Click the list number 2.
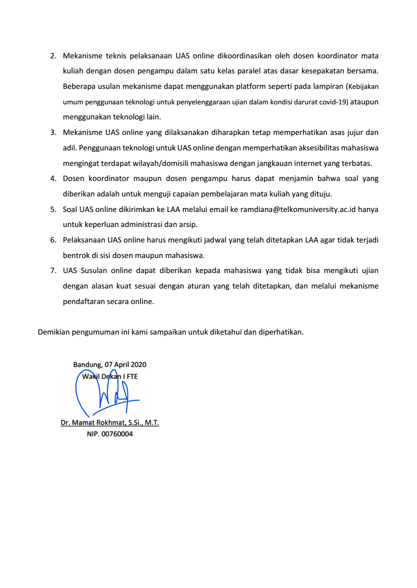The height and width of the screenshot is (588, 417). click(x=53, y=56)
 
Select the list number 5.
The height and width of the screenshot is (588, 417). click(x=53, y=209)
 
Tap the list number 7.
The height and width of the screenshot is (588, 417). click(x=53, y=270)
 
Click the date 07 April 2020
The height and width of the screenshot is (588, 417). click(x=126, y=365)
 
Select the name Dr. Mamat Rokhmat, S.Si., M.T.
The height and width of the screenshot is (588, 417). click(x=110, y=423)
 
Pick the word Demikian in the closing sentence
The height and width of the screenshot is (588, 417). click(x=53, y=332)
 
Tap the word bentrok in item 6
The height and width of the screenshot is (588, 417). click(x=75, y=255)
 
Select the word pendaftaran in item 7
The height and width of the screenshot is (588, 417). click(x=83, y=301)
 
